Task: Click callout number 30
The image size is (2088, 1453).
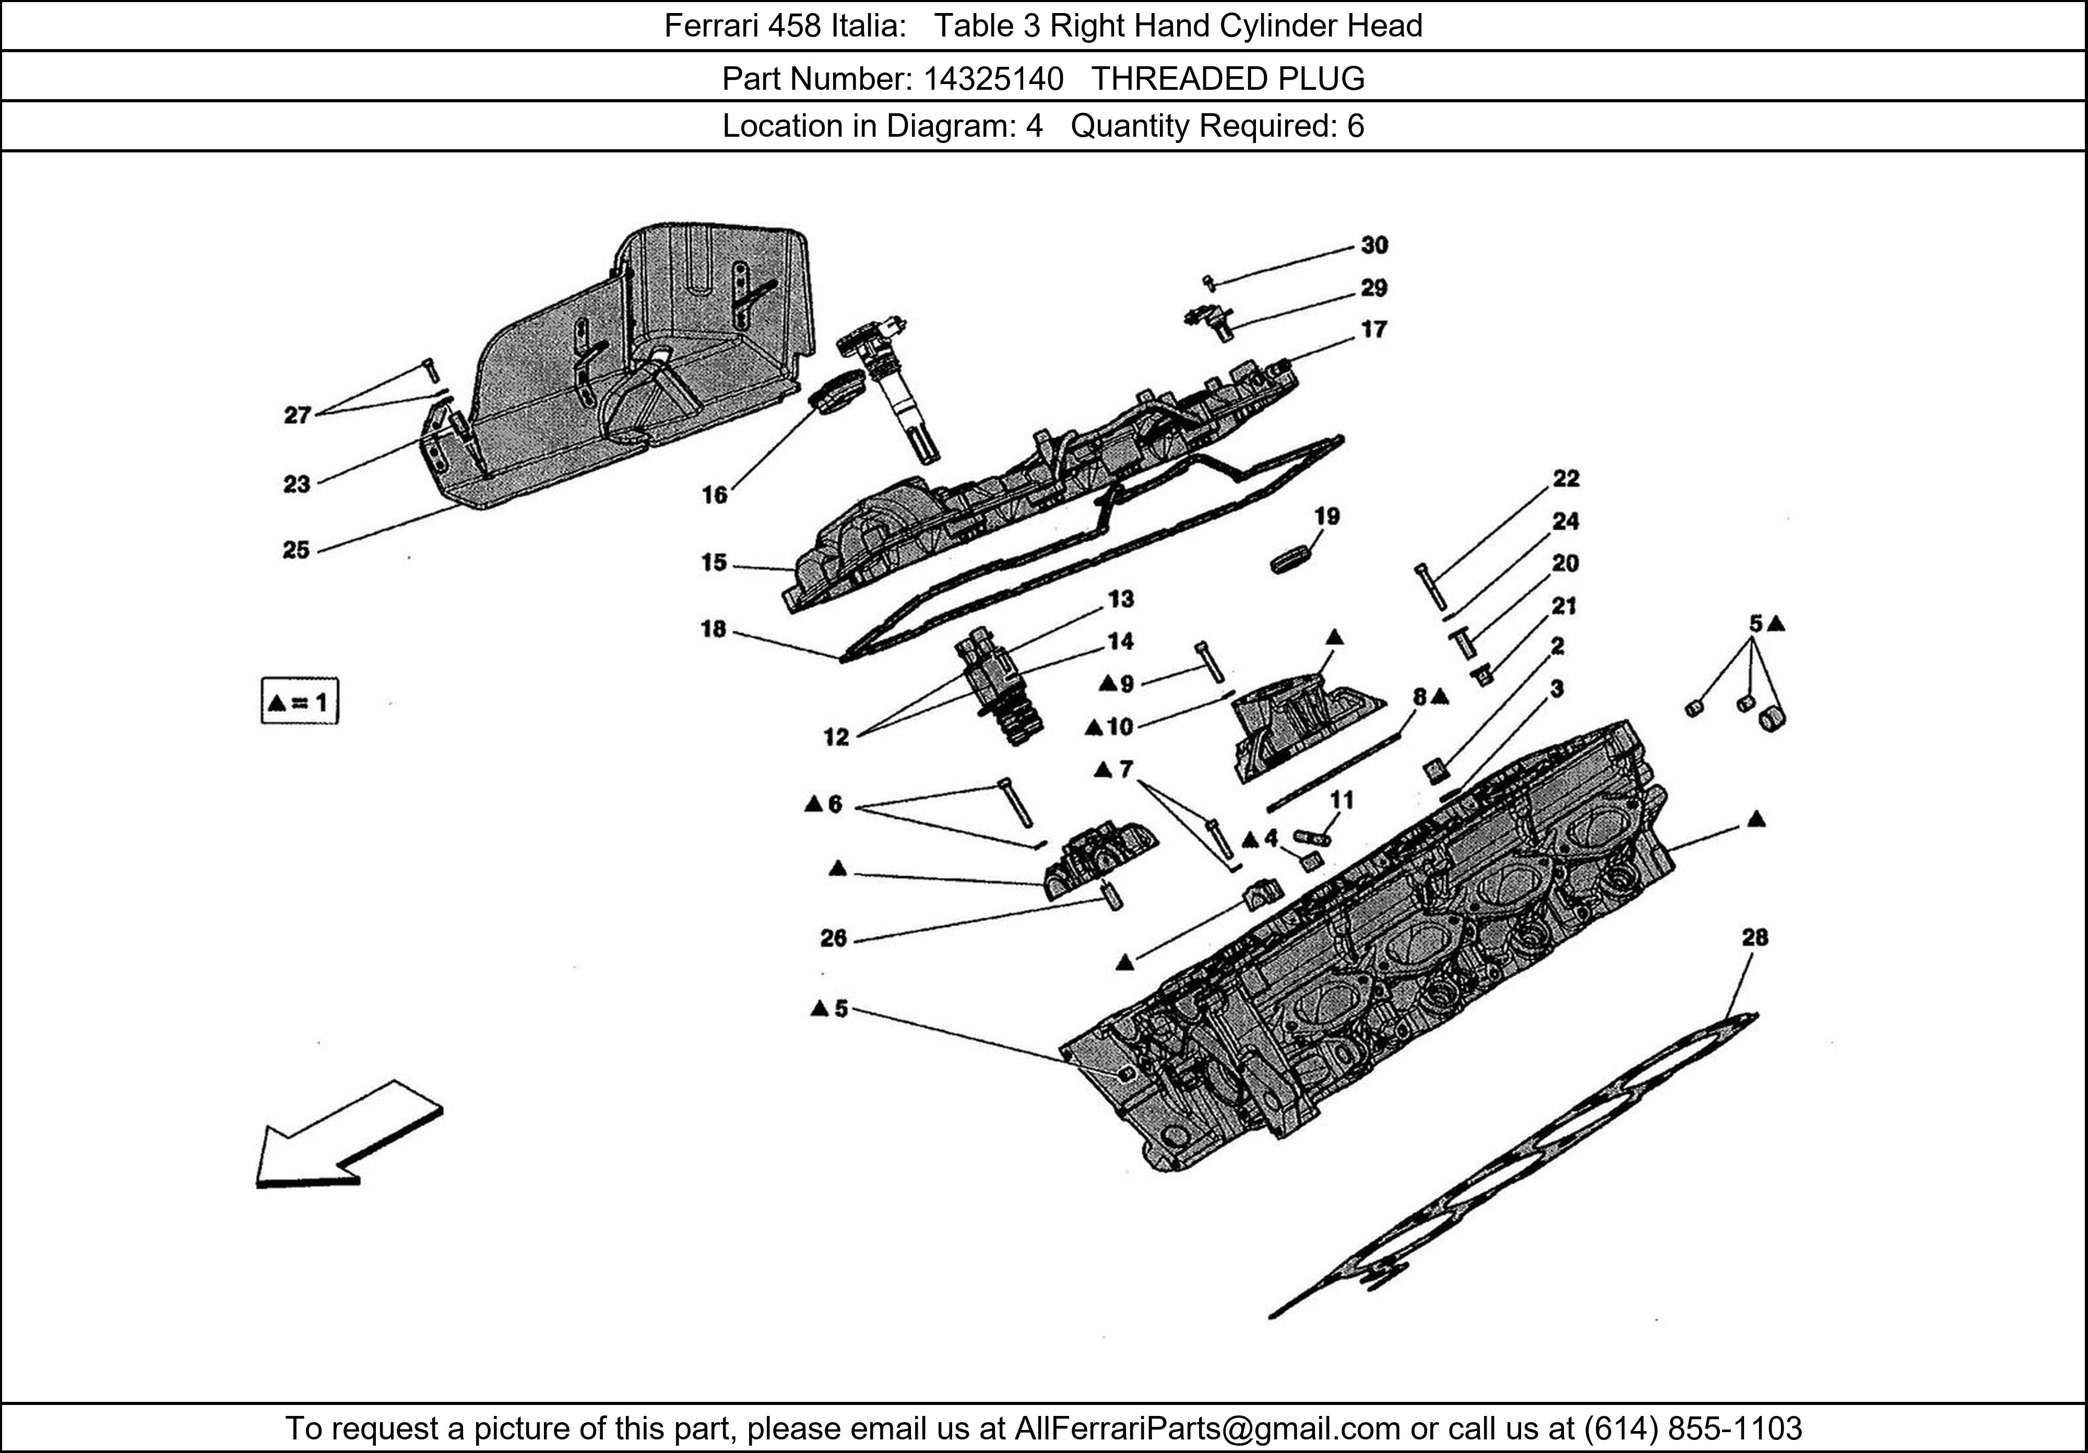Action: tap(1373, 245)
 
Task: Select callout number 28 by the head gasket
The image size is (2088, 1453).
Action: tap(1754, 937)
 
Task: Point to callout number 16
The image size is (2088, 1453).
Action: tap(715, 495)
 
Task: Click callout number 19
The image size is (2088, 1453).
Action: tap(1327, 517)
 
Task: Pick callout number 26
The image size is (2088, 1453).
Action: tap(833, 938)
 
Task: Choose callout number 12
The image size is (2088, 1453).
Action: tap(836, 737)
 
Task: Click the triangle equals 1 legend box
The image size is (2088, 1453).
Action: tap(299, 701)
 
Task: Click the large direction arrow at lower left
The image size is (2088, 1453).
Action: tap(346, 1137)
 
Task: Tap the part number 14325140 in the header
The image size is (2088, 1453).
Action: tap(992, 79)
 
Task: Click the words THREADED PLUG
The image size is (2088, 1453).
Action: tap(1228, 79)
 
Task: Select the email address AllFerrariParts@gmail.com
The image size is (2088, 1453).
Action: tap(1207, 1428)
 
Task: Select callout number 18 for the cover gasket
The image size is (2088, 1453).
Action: tap(714, 629)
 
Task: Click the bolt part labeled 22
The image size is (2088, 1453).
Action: tap(1430, 587)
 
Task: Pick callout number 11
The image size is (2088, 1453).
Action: tap(1342, 800)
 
